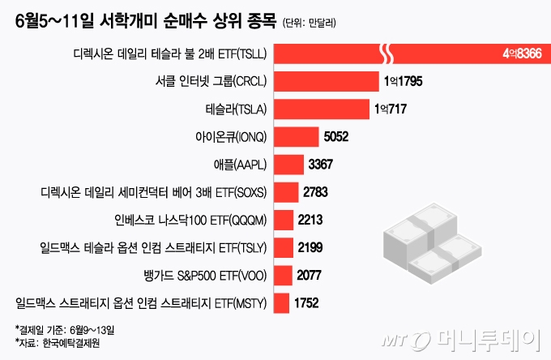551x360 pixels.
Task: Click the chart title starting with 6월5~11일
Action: point(146,22)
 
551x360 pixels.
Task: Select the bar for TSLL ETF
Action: point(405,54)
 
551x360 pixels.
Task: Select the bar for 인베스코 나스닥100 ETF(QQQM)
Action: point(284,220)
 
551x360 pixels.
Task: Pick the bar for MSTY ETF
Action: point(282,304)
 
